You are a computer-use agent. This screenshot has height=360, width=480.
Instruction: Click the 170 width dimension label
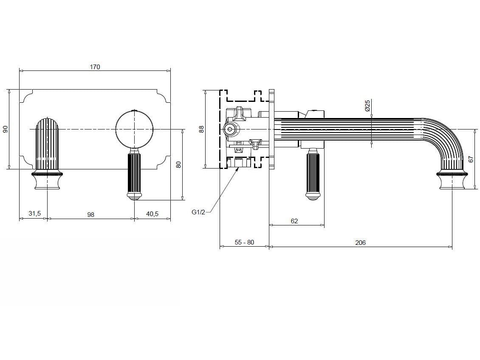95,67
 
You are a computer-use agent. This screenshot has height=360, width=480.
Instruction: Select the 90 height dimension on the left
6,129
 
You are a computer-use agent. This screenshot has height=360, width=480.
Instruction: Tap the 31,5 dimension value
34,214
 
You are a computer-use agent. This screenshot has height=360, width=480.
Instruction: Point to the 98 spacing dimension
90,215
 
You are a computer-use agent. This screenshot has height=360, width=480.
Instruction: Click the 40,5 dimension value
152,214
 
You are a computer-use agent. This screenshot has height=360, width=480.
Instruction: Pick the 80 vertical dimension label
179,164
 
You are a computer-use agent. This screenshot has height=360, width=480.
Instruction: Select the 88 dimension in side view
202,129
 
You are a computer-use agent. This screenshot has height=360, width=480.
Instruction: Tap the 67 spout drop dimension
471,159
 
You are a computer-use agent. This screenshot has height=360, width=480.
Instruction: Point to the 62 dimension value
294,221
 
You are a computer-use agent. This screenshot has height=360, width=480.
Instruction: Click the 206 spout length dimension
360,243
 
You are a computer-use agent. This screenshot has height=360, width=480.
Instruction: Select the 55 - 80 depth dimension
244,242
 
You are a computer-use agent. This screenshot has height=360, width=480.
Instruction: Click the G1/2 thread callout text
198,212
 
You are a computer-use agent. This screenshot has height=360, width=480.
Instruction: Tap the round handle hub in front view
135,129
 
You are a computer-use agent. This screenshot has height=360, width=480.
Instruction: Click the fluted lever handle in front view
135,174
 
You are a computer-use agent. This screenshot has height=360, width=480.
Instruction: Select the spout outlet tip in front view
47,183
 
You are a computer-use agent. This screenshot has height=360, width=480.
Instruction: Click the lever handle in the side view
312,174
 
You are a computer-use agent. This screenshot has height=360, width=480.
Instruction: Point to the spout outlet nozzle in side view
452,182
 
